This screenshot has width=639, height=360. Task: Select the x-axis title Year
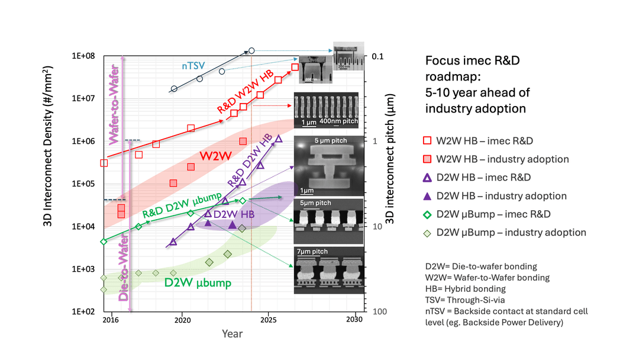[232, 334]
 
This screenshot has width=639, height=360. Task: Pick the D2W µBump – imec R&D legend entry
[493, 214]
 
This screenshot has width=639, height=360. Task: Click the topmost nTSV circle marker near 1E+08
[251, 51]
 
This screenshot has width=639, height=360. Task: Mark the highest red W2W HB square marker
[295, 67]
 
